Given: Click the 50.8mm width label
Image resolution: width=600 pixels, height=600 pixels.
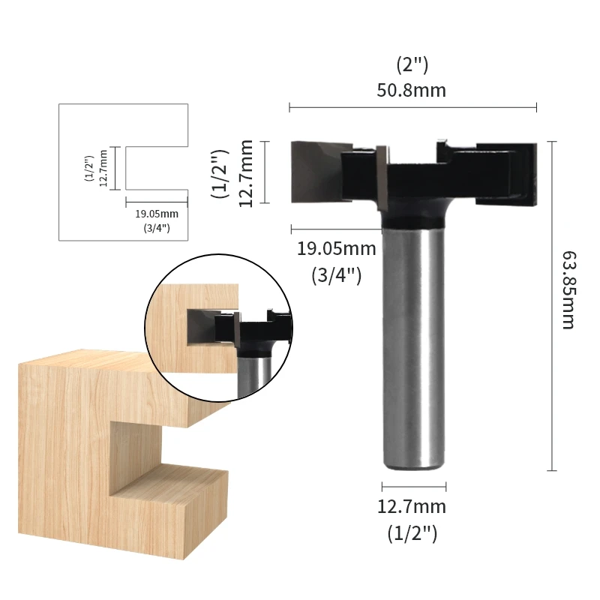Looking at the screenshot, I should (x=412, y=91).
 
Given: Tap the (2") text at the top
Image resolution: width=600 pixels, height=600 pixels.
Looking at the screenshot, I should (x=412, y=65).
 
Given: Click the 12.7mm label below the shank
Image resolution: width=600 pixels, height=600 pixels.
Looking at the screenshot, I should (x=412, y=507).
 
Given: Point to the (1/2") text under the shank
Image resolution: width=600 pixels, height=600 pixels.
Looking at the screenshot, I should (x=412, y=533).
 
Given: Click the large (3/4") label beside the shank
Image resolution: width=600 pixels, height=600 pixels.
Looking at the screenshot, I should (x=337, y=274).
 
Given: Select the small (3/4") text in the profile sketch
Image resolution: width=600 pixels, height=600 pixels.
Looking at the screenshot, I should (x=156, y=227).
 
